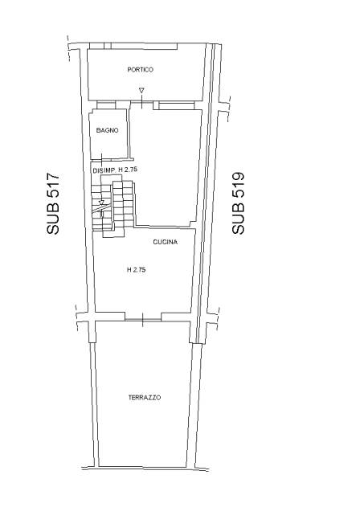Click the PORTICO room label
pyautogui.click(x=140, y=70)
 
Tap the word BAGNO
pyautogui.click(x=107, y=130)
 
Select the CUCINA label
pyautogui.click(x=166, y=242)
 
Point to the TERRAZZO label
pyautogui.click(x=145, y=398)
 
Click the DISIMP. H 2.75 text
pyautogui.click(x=115, y=170)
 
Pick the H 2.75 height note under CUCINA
pyautogui.click(x=137, y=270)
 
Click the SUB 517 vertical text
pyautogui.click(x=53, y=203)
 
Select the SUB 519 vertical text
pyautogui.click(x=238, y=203)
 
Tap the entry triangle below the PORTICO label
pyautogui.click(x=141, y=91)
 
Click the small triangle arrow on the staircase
pyautogui.click(x=101, y=203)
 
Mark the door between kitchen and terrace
pyautogui.click(x=143, y=319)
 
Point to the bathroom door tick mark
pyautogui.click(x=102, y=158)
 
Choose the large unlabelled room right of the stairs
pyautogui.click(x=166, y=166)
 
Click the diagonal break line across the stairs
pyautogui.click(x=102, y=208)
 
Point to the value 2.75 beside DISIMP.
pyautogui.click(x=130, y=170)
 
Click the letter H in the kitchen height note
pyautogui.click(x=129, y=270)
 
